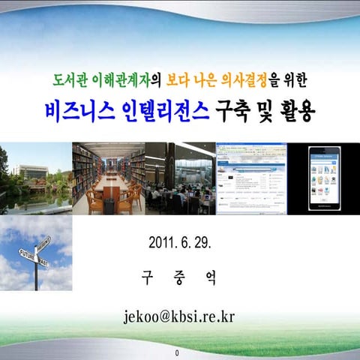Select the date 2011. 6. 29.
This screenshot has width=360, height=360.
[180, 243]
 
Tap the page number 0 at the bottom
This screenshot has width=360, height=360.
[177, 352]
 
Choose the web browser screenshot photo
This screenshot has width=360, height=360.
[251, 178]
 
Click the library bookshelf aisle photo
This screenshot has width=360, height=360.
[109, 178]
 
